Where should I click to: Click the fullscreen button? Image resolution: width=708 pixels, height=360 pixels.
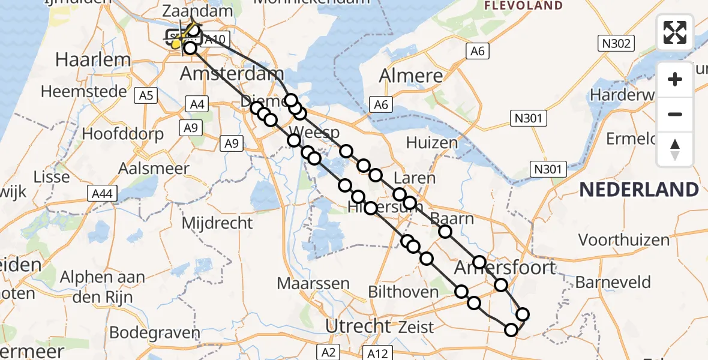coord(675,32)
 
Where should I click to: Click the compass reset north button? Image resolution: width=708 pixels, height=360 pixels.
coord(675,150)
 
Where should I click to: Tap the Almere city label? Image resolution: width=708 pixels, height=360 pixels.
coord(411,77)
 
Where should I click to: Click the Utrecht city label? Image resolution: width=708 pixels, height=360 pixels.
coord(358,326)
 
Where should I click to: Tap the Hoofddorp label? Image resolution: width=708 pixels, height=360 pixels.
coord(123,133)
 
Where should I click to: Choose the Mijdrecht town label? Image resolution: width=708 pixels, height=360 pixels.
coord(217,223)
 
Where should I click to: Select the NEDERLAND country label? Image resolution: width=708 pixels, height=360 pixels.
coord(639,190)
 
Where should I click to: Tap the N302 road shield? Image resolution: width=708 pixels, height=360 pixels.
coord(614,43)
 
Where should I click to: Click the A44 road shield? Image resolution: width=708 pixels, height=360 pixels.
coord(103,193)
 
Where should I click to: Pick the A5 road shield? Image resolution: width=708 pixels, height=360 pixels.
coord(146,95)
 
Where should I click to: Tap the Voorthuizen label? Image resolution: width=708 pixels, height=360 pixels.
coord(624,240)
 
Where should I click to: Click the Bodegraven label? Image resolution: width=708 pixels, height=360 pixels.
coord(155,333)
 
